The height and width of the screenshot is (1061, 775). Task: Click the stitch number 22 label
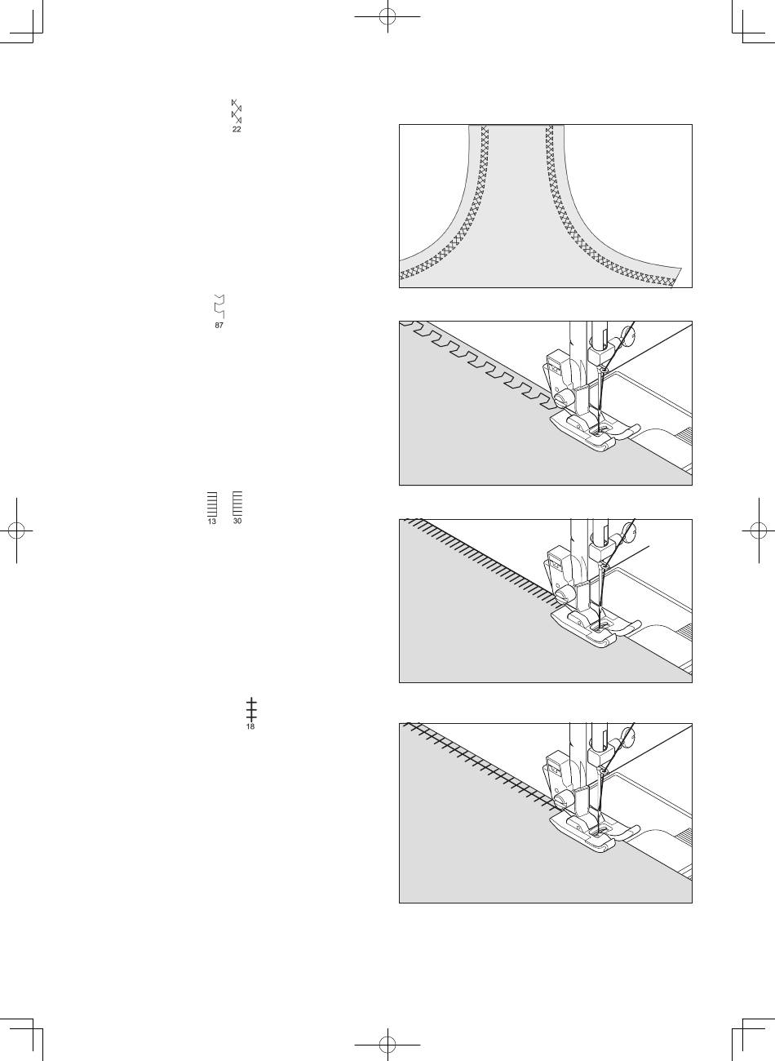(x=237, y=129)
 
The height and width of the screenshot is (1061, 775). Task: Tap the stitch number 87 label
(x=219, y=326)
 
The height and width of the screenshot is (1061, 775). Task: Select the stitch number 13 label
(x=211, y=522)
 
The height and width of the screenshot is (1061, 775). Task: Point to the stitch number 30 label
(x=237, y=521)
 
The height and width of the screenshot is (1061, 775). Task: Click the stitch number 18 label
(x=250, y=726)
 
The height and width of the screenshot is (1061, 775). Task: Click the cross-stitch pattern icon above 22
(x=237, y=111)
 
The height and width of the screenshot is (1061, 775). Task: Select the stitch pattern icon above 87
(x=219, y=306)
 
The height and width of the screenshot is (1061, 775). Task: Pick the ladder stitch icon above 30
(x=237, y=504)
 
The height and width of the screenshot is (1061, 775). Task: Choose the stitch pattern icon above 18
(x=251, y=709)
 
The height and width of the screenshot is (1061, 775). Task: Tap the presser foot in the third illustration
(x=595, y=628)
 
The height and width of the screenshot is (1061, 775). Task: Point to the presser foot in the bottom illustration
(x=594, y=832)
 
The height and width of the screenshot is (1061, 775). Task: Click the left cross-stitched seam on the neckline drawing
(x=454, y=228)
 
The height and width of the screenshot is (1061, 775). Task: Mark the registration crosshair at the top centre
(x=387, y=16)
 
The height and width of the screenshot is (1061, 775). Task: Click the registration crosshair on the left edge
(x=16, y=530)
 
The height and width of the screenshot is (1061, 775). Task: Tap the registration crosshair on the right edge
(x=759, y=530)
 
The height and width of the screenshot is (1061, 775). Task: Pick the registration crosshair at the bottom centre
(x=387, y=1045)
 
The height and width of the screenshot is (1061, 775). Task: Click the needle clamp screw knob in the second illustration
(x=628, y=334)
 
